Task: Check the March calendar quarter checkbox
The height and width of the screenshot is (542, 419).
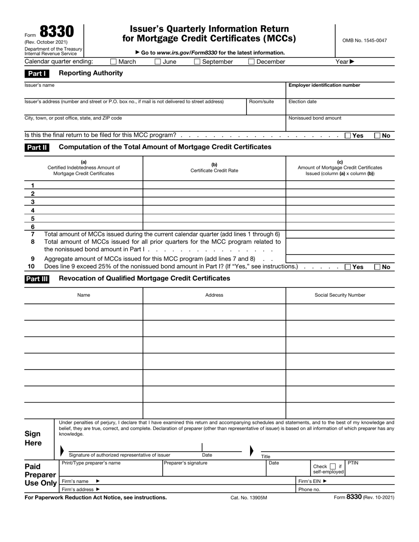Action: [x=113, y=62]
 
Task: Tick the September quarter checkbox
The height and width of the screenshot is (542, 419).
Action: [x=197, y=62]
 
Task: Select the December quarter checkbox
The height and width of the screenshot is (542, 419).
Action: [x=251, y=62]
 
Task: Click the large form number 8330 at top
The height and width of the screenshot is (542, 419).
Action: [x=56, y=32]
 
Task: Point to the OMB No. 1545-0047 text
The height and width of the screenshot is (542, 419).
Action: [x=364, y=41]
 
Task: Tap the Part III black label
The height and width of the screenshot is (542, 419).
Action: [x=37, y=279]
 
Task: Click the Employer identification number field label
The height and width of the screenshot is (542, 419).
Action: [x=324, y=85]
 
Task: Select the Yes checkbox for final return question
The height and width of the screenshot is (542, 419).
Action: [x=348, y=136]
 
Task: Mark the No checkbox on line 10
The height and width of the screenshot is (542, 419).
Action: [x=378, y=267]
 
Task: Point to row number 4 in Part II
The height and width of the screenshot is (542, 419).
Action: [x=33, y=210]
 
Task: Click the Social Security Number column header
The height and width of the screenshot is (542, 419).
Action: [x=340, y=295]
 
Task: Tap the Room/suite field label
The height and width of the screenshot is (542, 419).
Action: [x=262, y=101]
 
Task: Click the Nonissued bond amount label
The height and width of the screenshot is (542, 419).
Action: [x=314, y=118]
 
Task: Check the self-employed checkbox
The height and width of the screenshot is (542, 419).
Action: [x=333, y=466]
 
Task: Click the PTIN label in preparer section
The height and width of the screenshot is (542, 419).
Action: [x=353, y=463]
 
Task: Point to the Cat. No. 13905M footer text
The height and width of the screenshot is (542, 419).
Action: [x=249, y=497]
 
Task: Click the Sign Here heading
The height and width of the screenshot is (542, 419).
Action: [x=33, y=438]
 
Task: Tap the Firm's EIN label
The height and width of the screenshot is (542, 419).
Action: [x=313, y=481]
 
